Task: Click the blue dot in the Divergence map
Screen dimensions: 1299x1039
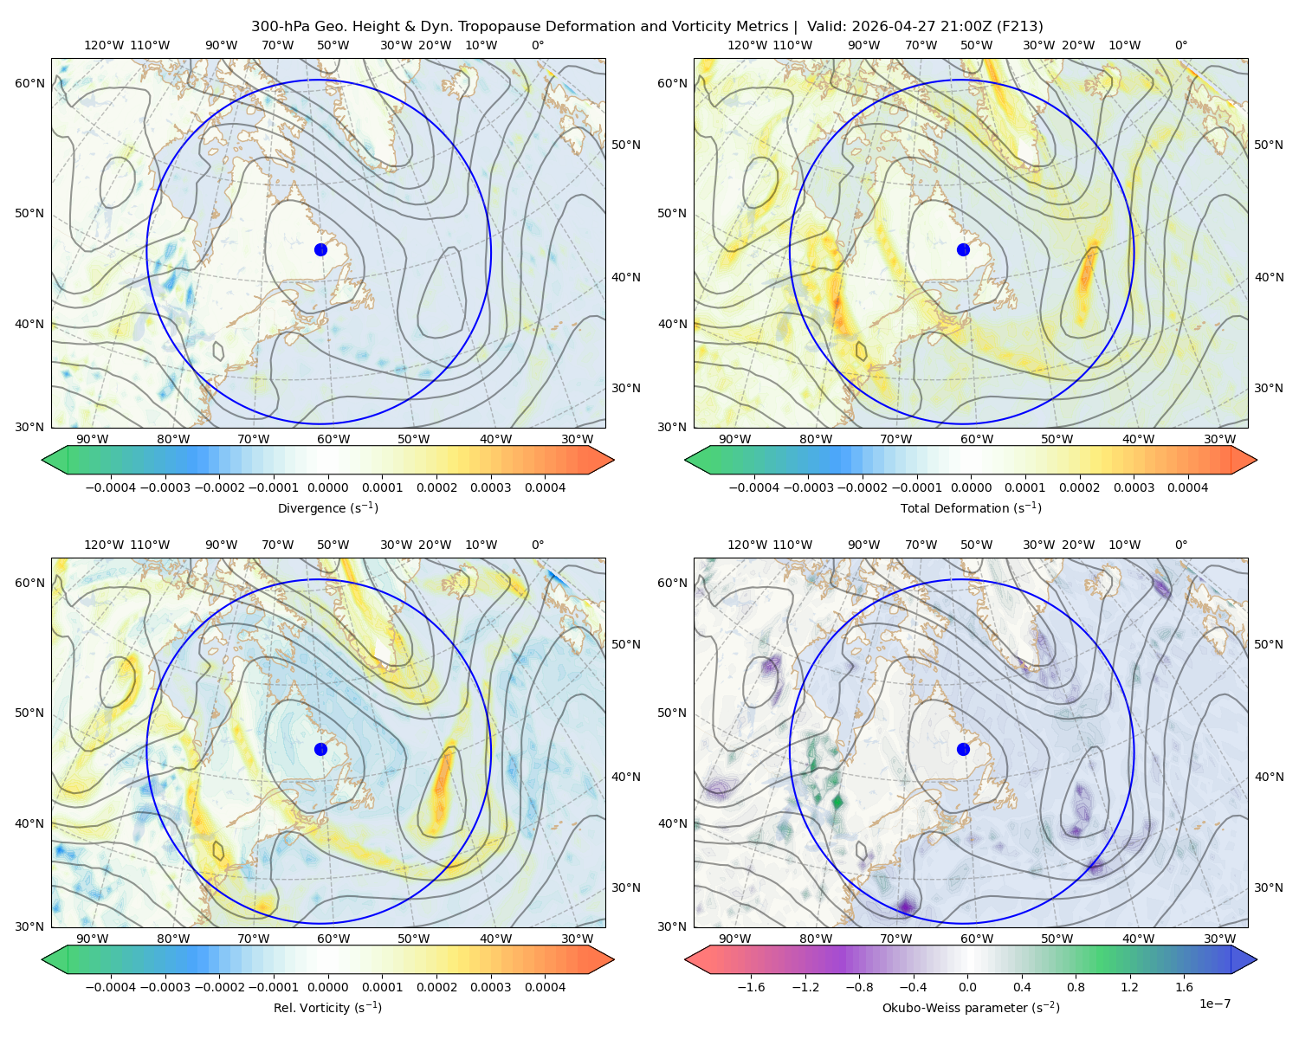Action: (320, 249)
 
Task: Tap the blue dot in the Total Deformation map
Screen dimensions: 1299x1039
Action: (963, 249)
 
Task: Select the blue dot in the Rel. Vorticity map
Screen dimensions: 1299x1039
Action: (320, 749)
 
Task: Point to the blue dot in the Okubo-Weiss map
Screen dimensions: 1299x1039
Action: (963, 749)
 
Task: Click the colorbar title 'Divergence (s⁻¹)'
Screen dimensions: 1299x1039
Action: (327, 507)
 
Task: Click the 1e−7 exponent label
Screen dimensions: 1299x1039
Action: (1214, 1004)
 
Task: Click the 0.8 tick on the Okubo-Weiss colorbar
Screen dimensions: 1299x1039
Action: (1076, 986)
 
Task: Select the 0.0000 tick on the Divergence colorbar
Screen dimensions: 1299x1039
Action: (327, 487)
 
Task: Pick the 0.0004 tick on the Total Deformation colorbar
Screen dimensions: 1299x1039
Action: (1187, 487)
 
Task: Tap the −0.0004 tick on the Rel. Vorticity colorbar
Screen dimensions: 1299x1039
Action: (111, 986)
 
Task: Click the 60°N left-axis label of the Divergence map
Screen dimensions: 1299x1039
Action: (29, 83)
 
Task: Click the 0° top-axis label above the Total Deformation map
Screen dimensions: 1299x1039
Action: (1180, 45)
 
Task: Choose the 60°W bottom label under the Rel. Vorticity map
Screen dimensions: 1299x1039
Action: (333, 939)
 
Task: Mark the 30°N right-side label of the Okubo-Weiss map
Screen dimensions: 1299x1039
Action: (1268, 887)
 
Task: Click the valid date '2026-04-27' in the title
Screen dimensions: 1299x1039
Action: (885, 26)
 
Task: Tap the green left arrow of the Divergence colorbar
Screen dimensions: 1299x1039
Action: (55, 460)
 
